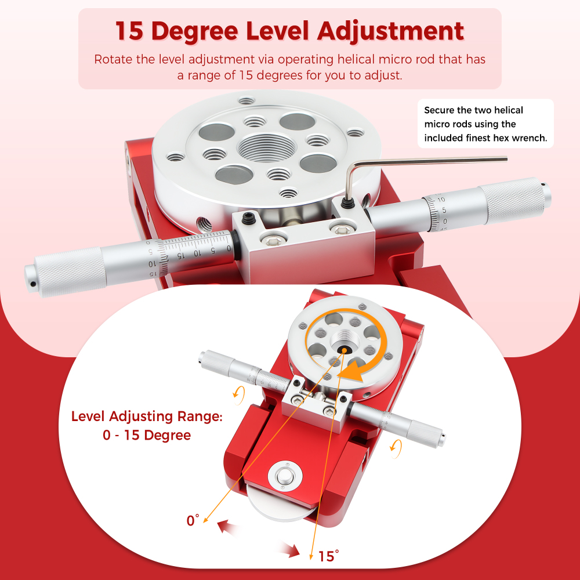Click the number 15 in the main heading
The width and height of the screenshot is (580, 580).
(128, 31)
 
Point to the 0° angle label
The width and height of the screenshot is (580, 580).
(193, 520)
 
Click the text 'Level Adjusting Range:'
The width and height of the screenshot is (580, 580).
(146, 416)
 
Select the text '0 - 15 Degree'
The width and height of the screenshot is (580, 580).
(147, 435)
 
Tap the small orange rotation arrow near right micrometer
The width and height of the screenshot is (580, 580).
(396, 446)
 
